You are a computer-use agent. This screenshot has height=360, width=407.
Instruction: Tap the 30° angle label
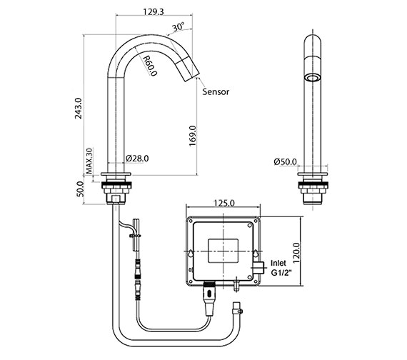pyautogui.click(x=179, y=28)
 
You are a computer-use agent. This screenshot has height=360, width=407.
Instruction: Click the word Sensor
pyautogui.click(x=216, y=92)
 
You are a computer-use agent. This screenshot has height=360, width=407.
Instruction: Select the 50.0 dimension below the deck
pyautogui.click(x=80, y=189)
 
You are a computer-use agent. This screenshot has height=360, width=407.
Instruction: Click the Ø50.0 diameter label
pyautogui.click(x=286, y=161)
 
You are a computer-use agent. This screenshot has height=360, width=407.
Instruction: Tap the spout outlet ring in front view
pyautogui.click(x=312, y=76)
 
